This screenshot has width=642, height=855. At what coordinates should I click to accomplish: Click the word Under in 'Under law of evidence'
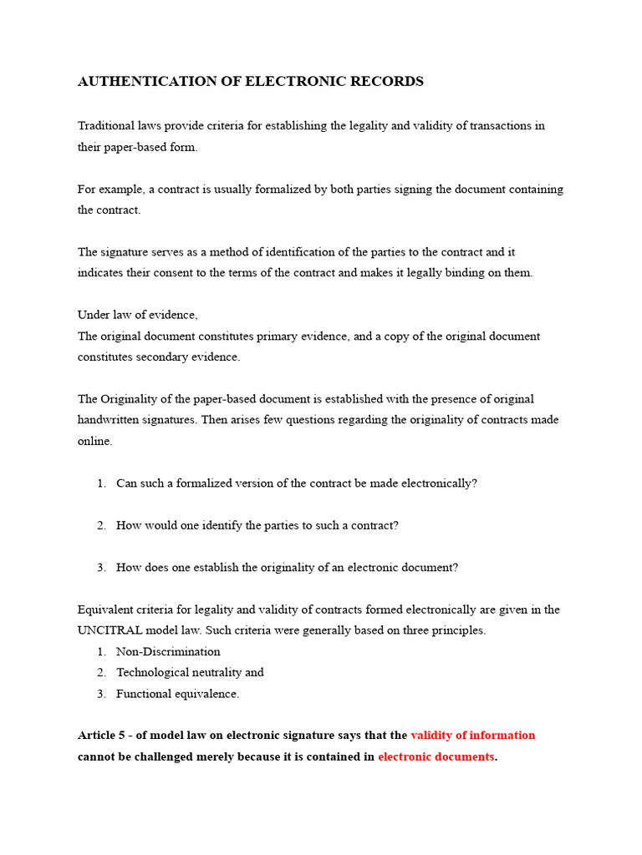93,315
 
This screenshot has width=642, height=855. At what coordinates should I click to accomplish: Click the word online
94,441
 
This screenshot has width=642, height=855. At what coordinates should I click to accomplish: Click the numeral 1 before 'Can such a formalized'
100,483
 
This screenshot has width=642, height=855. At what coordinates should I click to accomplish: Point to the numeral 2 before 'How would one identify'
100,525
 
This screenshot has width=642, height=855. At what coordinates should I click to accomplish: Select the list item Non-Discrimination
168,651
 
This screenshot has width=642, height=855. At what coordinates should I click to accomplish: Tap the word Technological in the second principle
151,672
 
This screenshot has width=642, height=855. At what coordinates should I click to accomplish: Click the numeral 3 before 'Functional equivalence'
100,694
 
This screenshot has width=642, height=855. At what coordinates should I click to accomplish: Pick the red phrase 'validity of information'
472,736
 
